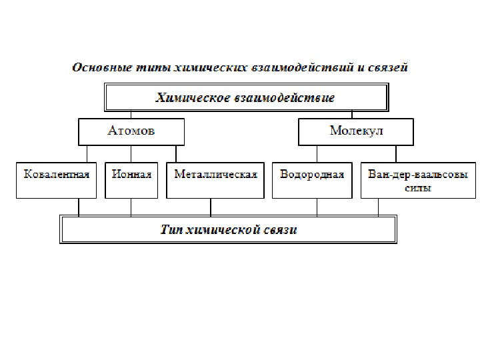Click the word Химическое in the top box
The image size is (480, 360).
coord(191,98)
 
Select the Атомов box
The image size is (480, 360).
coord(131,131)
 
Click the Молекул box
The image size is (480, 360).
coord(356,131)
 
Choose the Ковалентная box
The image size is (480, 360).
coord(56,179)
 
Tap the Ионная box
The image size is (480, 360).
coord(131,179)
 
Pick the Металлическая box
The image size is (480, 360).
coord(215,179)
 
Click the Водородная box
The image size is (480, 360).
coord(312,179)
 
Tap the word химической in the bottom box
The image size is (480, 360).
coord(226,230)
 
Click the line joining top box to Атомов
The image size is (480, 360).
coord(131,115)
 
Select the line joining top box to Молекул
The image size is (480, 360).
coord(355,115)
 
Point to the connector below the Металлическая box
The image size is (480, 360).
coord(211,207)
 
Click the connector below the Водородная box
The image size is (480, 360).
coord(317,207)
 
